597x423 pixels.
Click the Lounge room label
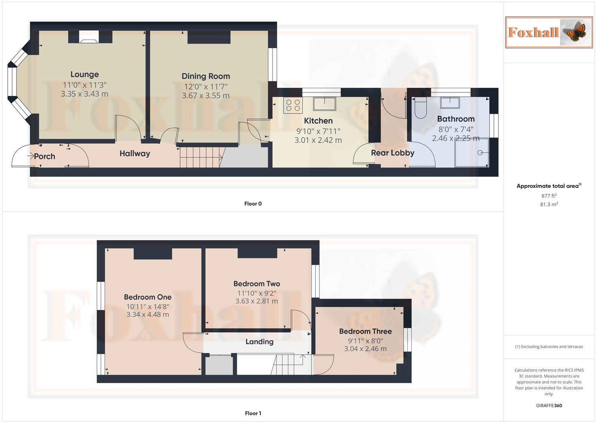coord(84,74)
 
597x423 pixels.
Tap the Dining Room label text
coord(206,76)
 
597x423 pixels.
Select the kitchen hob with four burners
coord(293,105)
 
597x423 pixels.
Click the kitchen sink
coord(324,104)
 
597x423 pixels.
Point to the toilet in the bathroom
coord(421,108)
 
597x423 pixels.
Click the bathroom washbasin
coord(450,103)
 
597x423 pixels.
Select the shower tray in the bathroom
coord(472,152)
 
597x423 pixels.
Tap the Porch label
coord(45,156)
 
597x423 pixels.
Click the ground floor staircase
coord(201,157)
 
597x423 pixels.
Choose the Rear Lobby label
coord(393,153)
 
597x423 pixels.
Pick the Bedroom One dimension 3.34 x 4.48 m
coord(147,315)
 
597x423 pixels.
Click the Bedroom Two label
coord(256,284)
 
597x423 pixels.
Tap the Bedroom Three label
coord(365,331)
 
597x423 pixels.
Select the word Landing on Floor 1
coord(259,342)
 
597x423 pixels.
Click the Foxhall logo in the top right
coord(549,32)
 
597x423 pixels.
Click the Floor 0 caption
coord(253,204)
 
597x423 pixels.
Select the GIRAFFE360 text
coord(549,406)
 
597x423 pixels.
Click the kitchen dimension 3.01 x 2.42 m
coord(318,140)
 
